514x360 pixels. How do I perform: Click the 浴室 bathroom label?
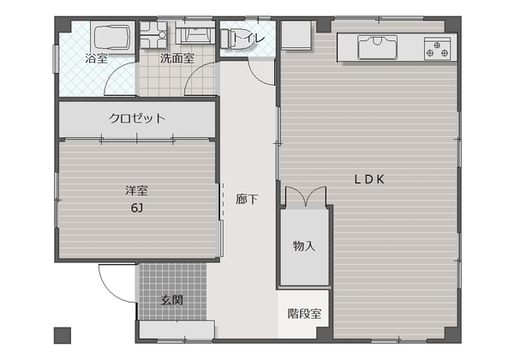[96, 58]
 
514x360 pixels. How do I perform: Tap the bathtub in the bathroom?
[112, 37]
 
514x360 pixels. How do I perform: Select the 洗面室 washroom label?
[177, 58]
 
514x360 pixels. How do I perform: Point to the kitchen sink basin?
[377, 47]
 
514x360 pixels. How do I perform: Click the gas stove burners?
[437, 49]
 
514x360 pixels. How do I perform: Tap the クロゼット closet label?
[137, 118]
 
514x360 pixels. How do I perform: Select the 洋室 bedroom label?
[137, 190]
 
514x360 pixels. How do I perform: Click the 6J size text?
[137, 207]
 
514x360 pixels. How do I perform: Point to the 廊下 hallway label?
[247, 199]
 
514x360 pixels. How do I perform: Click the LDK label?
[369, 179]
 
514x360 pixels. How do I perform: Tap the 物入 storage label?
[304, 246]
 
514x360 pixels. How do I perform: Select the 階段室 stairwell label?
[304, 314]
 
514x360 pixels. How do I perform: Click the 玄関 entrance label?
[172, 300]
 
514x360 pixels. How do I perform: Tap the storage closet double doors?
[306, 196]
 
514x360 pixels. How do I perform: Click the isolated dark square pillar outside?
[63, 335]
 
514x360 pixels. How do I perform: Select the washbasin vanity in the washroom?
[195, 33]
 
